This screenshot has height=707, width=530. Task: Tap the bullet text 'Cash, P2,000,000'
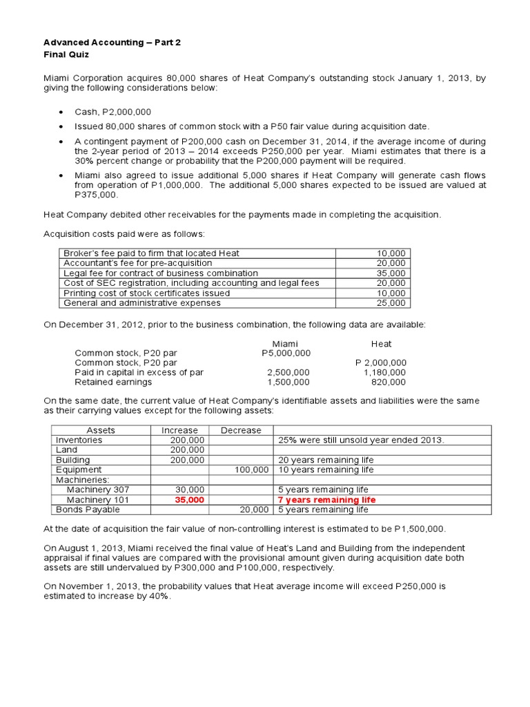[113, 112]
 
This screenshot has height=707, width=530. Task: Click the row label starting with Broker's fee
[151, 253]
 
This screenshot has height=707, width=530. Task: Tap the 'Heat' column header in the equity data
[381, 343]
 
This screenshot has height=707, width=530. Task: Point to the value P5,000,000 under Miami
[286, 353]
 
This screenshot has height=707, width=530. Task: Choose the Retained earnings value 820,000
[390, 382]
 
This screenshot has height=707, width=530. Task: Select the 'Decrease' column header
[241, 430]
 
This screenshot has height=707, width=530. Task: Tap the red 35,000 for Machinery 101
[190, 500]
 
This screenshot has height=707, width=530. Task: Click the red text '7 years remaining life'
[326, 500]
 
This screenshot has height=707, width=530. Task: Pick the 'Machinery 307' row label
[97, 490]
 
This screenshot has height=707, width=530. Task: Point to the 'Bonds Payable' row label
[88, 510]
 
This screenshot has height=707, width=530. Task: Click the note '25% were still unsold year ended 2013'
[361, 440]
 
